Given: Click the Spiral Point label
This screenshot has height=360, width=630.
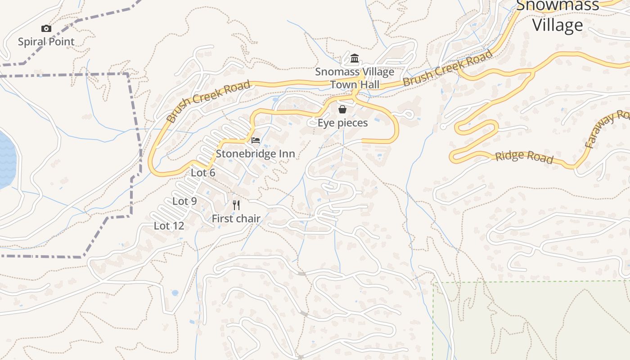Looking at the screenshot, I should [46, 42].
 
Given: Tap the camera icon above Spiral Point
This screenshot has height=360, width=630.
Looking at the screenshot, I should [46, 29].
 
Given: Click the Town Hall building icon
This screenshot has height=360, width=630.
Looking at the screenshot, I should [355, 58].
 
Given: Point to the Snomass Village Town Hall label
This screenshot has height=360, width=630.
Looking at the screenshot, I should [355, 78].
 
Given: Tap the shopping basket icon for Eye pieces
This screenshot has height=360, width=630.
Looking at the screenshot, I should [342, 109].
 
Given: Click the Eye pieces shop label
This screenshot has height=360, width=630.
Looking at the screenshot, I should [342, 123].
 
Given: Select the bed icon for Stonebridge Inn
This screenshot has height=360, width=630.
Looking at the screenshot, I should [256, 140].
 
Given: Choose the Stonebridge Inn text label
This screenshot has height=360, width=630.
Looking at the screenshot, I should [255, 154].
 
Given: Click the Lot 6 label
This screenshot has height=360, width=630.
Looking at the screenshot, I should [203, 173].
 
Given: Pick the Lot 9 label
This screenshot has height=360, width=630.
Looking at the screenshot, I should [184, 201].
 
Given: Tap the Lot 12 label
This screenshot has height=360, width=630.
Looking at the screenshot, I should [169, 226].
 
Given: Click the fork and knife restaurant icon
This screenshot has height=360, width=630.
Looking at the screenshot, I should [236, 205].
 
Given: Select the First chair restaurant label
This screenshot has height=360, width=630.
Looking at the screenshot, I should [236, 219].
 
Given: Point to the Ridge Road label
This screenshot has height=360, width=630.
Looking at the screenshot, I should [524, 157].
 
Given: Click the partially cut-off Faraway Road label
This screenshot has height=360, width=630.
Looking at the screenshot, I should [607, 130].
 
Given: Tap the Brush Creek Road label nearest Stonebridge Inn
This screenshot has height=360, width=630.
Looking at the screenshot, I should [208, 102].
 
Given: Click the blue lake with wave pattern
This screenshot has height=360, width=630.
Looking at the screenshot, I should [6, 160].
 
